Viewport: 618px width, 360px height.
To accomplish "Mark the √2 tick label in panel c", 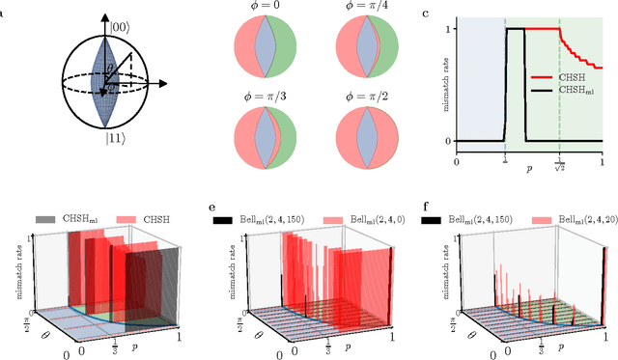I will pos(558,167).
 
